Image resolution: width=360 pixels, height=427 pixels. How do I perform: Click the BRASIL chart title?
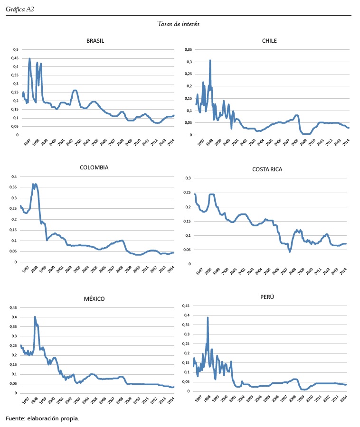point(95,40)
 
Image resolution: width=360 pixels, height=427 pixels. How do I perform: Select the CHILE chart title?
point(269,40)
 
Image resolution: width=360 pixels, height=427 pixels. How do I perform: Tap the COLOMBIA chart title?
point(95,167)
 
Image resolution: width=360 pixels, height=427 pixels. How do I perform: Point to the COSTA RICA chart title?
point(269,169)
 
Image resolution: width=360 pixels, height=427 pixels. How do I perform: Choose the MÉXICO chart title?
point(94,298)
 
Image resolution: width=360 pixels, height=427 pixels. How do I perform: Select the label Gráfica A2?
point(20,9)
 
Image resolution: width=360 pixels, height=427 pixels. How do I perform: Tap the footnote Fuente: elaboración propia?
point(42,418)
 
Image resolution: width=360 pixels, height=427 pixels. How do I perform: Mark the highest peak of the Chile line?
point(210,60)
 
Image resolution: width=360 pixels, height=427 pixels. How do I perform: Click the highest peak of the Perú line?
point(208,317)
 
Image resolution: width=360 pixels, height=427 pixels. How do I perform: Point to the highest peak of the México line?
point(35,316)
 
